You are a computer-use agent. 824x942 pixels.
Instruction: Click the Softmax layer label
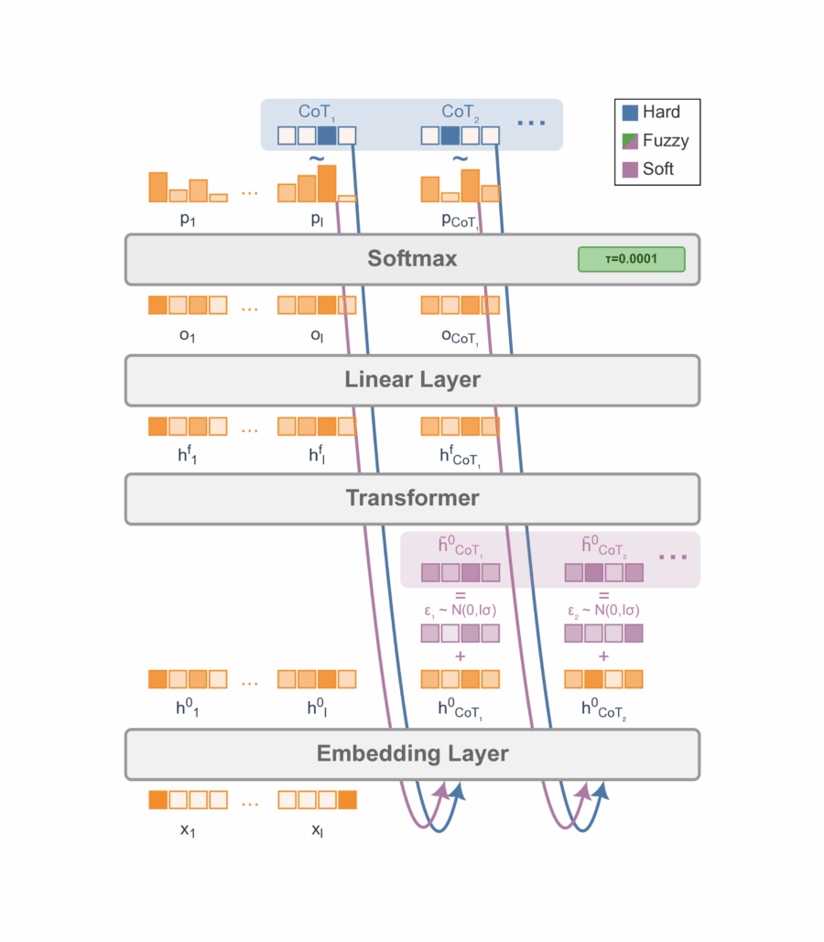tap(412, 259)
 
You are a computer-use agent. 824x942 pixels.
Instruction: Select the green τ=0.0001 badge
tap(631, 259)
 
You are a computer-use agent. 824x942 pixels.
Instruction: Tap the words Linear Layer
tap(412, 379)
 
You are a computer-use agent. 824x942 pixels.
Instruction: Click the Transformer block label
tap(412, 498)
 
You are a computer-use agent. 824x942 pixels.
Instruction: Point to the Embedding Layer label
tap(412, 754)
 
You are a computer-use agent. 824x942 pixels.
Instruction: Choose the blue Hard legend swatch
tap(631, 113)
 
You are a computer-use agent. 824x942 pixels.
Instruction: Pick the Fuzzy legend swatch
tap(631, 141)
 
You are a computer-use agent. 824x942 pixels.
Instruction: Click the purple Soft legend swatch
tap(631, 169)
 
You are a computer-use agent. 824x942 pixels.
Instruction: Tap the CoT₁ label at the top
tap(317, 112)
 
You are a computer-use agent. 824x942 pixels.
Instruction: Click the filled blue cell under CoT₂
tap(450, 135)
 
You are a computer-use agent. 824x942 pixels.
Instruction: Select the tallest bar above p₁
tap(158, 187)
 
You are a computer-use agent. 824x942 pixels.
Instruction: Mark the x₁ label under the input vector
tap(187, 831)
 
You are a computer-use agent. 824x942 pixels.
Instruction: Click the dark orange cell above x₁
tap(158, 800)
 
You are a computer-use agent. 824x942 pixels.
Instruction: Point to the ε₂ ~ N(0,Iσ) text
tap(603, 612)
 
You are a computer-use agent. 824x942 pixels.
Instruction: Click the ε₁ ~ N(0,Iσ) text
tap(460, 612)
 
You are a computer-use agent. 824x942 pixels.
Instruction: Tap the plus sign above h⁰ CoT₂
tap(603, 656)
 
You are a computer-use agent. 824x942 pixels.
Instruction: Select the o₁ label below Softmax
tap(187, 336)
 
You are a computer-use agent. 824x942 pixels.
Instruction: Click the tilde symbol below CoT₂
tap(461, 159)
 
